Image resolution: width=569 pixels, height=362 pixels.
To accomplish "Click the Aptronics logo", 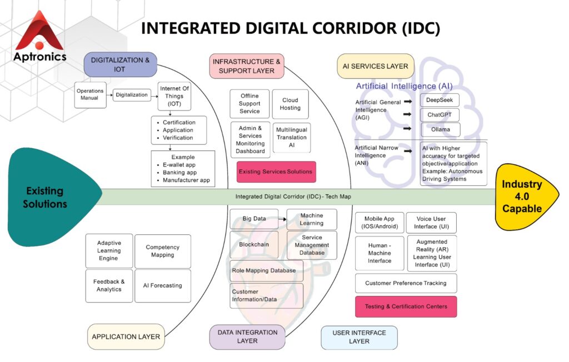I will click(x=40, y=36).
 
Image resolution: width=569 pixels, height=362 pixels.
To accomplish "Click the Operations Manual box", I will click(x=91, y=95).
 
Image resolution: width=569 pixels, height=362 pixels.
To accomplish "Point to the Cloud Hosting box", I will click(x=291, y=104).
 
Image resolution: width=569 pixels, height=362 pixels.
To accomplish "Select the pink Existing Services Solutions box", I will click(x=276, y=172).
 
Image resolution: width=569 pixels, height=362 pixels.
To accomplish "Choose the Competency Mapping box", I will click(x=162, y=251).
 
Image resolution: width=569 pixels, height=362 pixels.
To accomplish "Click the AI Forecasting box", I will click(x=162, y=285).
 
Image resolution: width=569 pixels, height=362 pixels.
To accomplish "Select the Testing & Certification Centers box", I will click(x=406, y=306).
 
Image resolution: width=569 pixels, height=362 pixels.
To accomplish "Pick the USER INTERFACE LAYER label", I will click(x=359, y=337).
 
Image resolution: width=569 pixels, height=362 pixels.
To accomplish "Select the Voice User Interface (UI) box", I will click(x=431, y=223).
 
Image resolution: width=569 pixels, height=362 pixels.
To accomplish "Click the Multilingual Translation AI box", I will click(x=292, y=137).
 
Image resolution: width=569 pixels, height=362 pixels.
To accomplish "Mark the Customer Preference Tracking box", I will click(x=406, y=283).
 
